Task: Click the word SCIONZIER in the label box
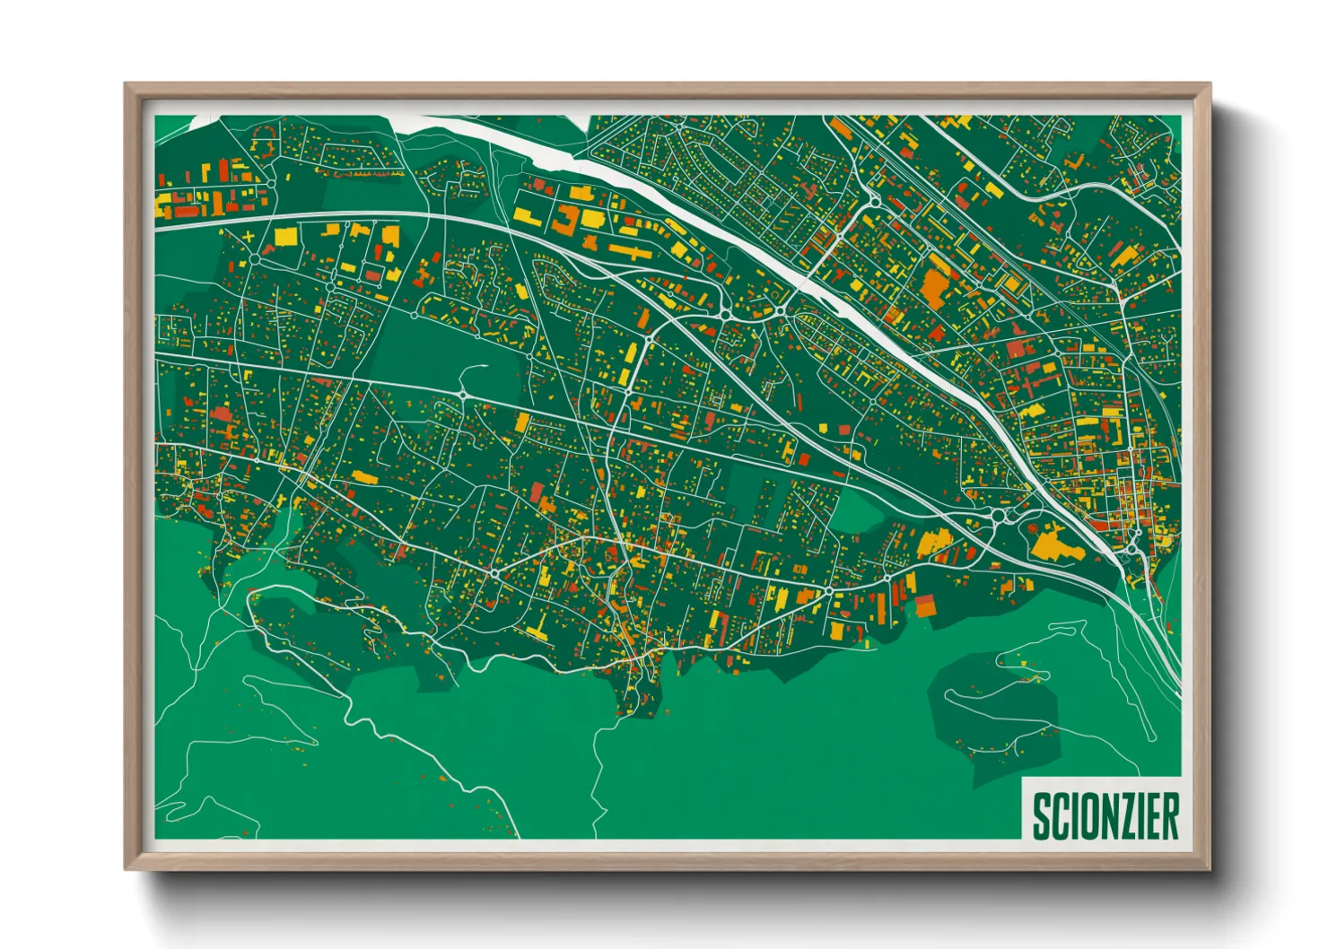click(x=1105, y=815)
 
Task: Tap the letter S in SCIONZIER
click(x=1041, y=815)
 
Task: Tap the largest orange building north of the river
click(x=935, y=287)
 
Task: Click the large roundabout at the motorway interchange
click(x=999, y=516)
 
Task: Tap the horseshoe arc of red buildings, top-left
click(x=265, y=142)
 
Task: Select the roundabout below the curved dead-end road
click(x=462, y=394)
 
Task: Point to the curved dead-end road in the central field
click(x=473, y=370)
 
